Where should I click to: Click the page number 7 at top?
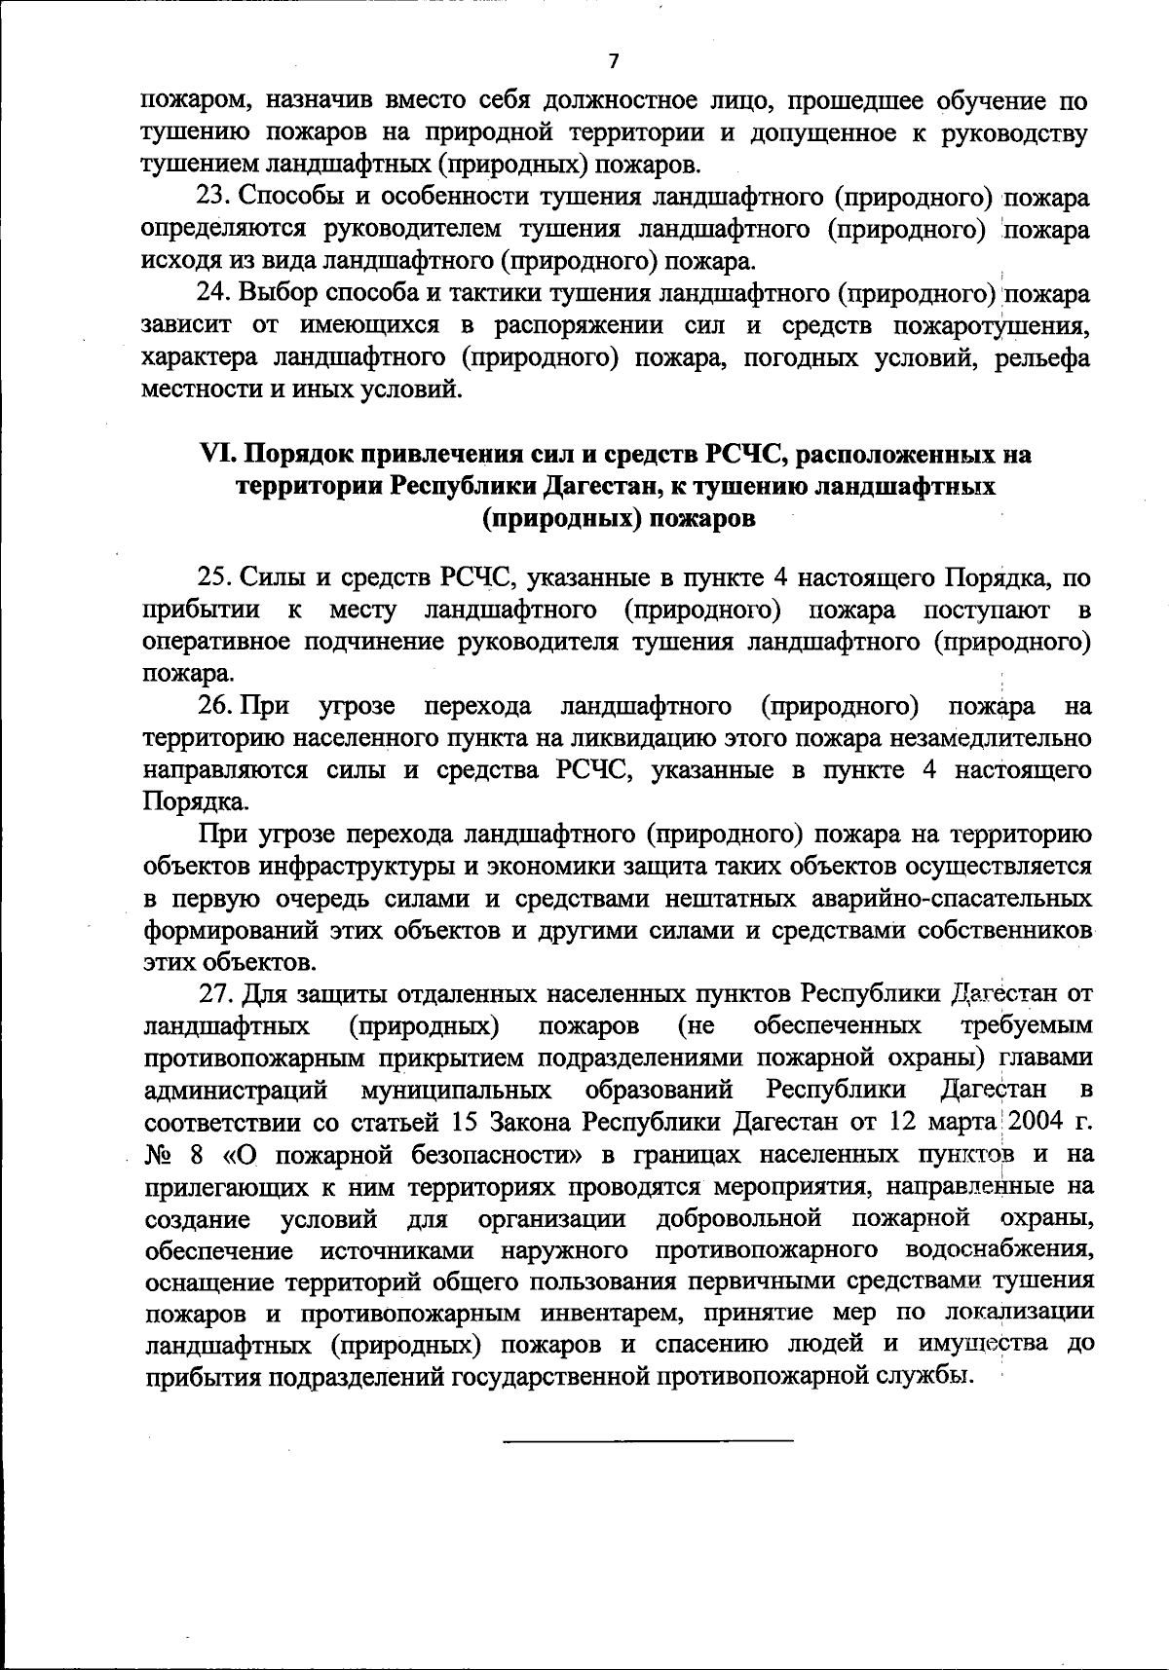pos(613,61)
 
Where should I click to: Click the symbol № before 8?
pos(158,1155)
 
